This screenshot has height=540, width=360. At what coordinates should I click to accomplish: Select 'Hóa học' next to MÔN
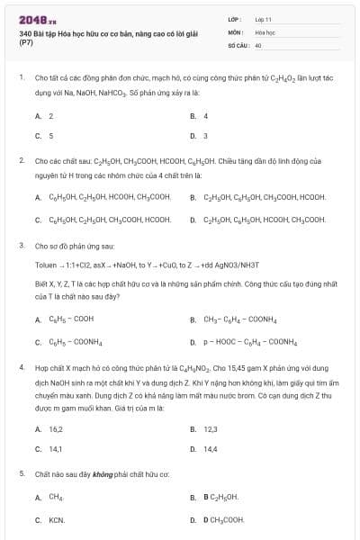265,31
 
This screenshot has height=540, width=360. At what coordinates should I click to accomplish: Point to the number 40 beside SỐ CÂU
258,44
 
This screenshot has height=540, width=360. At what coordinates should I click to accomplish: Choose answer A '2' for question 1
50,116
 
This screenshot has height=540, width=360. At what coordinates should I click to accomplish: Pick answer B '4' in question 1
205,116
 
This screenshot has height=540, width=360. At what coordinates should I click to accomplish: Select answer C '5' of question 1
50,136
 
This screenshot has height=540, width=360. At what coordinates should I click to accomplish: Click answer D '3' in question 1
205,136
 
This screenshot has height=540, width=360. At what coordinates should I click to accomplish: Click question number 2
22,160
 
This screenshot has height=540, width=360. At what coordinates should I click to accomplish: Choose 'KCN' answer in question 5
57,520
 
